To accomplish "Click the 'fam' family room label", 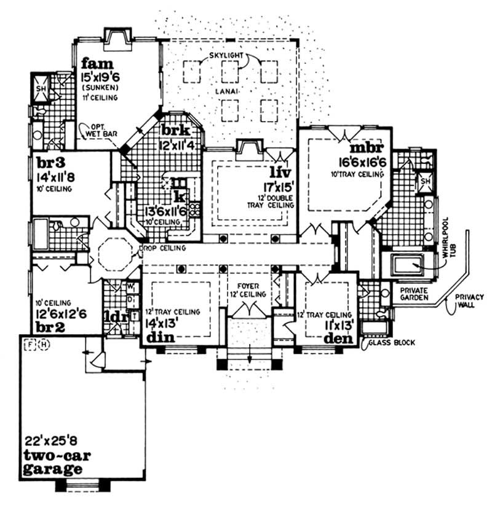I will [98, 63].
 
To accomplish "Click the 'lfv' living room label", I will [279, 173].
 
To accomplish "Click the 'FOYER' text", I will [250, 286].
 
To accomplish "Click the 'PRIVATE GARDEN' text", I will [415, 294].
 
